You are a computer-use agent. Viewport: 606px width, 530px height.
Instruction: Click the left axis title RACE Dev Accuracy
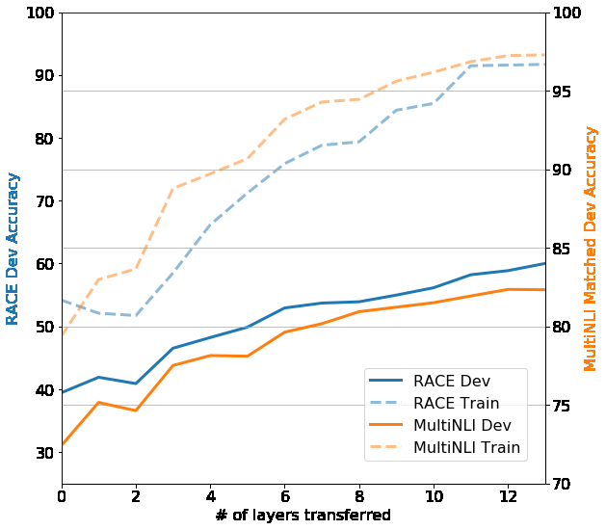[x=13, y=249]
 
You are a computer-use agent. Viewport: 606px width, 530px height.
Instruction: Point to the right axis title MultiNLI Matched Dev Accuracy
[x=592, y=248]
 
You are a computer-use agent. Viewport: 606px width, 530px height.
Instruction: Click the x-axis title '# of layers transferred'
[x=303, y=516]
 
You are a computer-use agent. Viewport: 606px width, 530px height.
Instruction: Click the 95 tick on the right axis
[x=566, y=92]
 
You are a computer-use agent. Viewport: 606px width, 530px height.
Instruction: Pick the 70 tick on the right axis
[x=566, y=484]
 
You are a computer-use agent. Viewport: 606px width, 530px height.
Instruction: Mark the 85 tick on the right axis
[x=566, y=249]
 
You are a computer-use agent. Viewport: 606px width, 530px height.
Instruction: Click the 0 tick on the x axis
[x=62, y=496]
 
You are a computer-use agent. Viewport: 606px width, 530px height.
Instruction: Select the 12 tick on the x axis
[x=508, y=496]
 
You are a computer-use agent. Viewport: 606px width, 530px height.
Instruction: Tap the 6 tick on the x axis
[x=285, y=496]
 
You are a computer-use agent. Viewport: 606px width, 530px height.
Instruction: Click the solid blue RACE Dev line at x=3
[x=173, y=348]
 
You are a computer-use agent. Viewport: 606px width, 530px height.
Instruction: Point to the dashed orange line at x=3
[x=173, y=189]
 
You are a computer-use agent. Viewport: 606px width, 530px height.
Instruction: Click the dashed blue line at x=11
[x=471, y=66]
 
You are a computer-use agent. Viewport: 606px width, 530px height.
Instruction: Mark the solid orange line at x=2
[x=136, y=411]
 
